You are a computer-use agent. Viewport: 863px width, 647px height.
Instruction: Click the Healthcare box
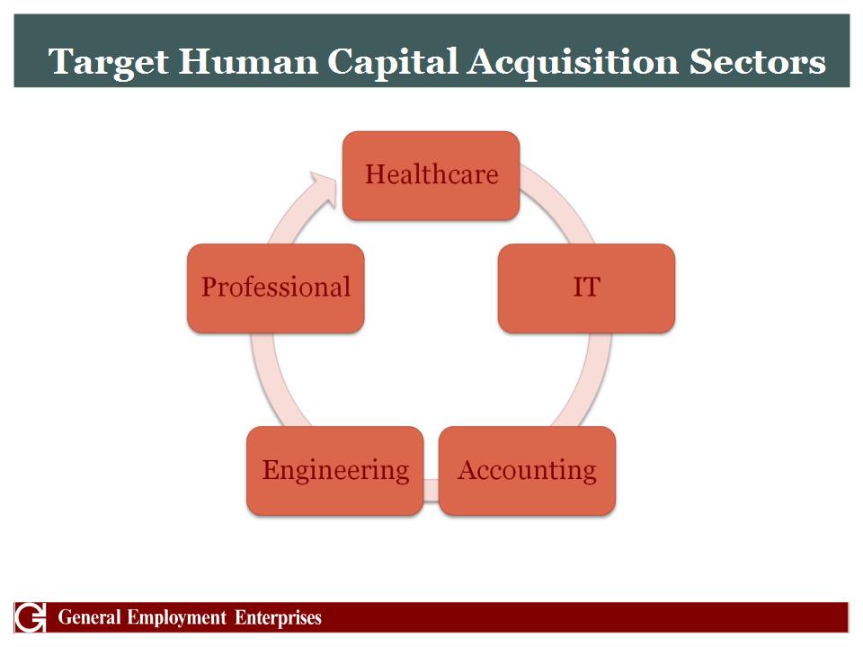coord(431,175)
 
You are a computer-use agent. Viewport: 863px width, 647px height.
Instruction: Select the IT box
coord(586,288)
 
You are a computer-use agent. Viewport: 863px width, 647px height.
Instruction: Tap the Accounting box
coord(528,471)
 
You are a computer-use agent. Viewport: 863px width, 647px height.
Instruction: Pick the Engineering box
coord(335,471)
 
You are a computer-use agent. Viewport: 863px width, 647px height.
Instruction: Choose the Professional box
coord(276,288)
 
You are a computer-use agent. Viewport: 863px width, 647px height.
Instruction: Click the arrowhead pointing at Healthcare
coord(324,188)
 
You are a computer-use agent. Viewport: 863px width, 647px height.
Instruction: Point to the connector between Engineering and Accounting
coord(431,491)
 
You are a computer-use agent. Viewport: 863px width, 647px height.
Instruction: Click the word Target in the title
coord(109,62)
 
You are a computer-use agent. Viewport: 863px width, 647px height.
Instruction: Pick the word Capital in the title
coord(393,62)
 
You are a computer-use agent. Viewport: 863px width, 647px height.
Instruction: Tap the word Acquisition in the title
coord(574,62)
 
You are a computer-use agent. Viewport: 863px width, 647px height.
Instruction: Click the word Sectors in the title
coord(757,61)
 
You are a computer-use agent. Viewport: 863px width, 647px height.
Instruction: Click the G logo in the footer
coord(30,617)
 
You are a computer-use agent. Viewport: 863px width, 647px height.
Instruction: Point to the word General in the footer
coord(89,617)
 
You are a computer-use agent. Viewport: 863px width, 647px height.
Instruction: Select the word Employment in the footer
coord(177,618)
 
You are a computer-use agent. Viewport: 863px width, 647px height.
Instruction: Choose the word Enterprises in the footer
coord(278,618)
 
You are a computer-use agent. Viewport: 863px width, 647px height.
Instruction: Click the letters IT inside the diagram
coord(586,288)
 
